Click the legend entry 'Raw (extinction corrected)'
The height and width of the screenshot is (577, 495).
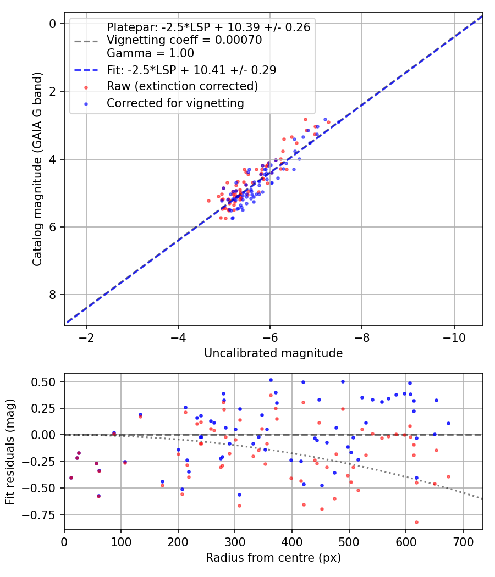click(182, 86)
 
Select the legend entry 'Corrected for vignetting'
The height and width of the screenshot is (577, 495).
click(175, 103)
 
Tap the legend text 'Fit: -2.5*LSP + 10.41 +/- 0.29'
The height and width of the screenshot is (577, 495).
click(191, 70)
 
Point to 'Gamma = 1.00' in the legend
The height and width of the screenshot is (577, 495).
click(150, 53)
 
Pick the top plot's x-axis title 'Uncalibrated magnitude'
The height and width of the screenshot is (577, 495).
click(273, 353)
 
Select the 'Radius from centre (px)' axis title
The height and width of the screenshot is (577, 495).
click(273, 558)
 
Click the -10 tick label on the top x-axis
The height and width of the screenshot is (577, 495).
click(454, 336)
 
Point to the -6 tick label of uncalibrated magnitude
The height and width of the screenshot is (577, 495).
click(270, 336)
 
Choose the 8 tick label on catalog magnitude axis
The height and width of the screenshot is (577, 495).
click(53, 295)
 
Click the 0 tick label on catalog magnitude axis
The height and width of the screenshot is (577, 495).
click(53, 24)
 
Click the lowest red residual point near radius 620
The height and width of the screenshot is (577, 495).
click(416, 522)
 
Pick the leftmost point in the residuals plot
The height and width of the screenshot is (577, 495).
click(71, 478)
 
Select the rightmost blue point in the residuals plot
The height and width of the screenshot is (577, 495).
click(448, 423)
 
